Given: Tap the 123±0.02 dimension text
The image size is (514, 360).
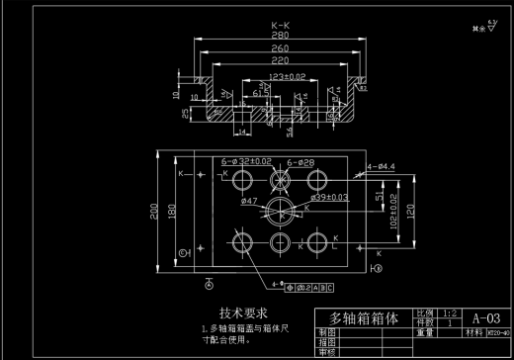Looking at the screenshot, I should (287, 75).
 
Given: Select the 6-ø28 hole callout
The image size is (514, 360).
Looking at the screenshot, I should (300, 160).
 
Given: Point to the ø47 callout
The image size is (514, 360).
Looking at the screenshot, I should (248, 201).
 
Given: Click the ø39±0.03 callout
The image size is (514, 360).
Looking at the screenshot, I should (329, 198).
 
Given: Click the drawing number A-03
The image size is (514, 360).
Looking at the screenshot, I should (486, 318).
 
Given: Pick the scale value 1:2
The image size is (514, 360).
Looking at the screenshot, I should (450, 312).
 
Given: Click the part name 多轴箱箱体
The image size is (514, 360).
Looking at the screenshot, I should (363, 319).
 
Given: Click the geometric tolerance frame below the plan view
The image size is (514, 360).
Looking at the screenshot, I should (309, 289).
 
